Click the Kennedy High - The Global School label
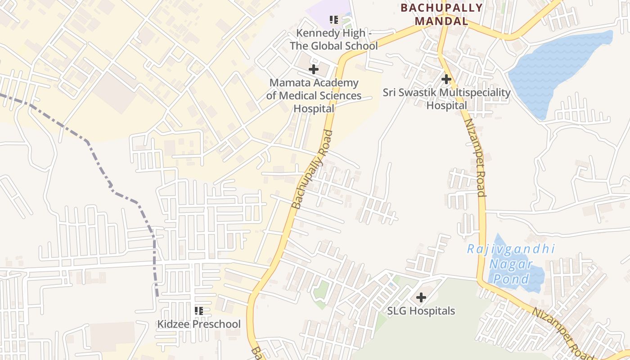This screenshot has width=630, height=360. pos(333,40)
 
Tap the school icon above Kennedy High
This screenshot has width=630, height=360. pos(333,20)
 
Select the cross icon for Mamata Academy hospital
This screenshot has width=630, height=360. pos(314,69)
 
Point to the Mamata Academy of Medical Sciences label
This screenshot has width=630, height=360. pos(314,95)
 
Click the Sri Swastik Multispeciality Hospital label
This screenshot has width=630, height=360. pos(446,99)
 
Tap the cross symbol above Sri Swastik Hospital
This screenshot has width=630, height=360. pos(446,79)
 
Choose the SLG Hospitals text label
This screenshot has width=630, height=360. pos(421,311)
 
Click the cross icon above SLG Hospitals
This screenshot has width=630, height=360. pos(421,297)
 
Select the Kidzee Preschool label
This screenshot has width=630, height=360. pos(198,324)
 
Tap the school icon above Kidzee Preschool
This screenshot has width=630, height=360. pos(198,310)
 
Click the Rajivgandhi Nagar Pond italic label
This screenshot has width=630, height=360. pos(511,264)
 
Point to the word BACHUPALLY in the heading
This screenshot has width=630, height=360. pos(441,8)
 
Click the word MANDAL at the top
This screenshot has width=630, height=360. pos(441,21)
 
